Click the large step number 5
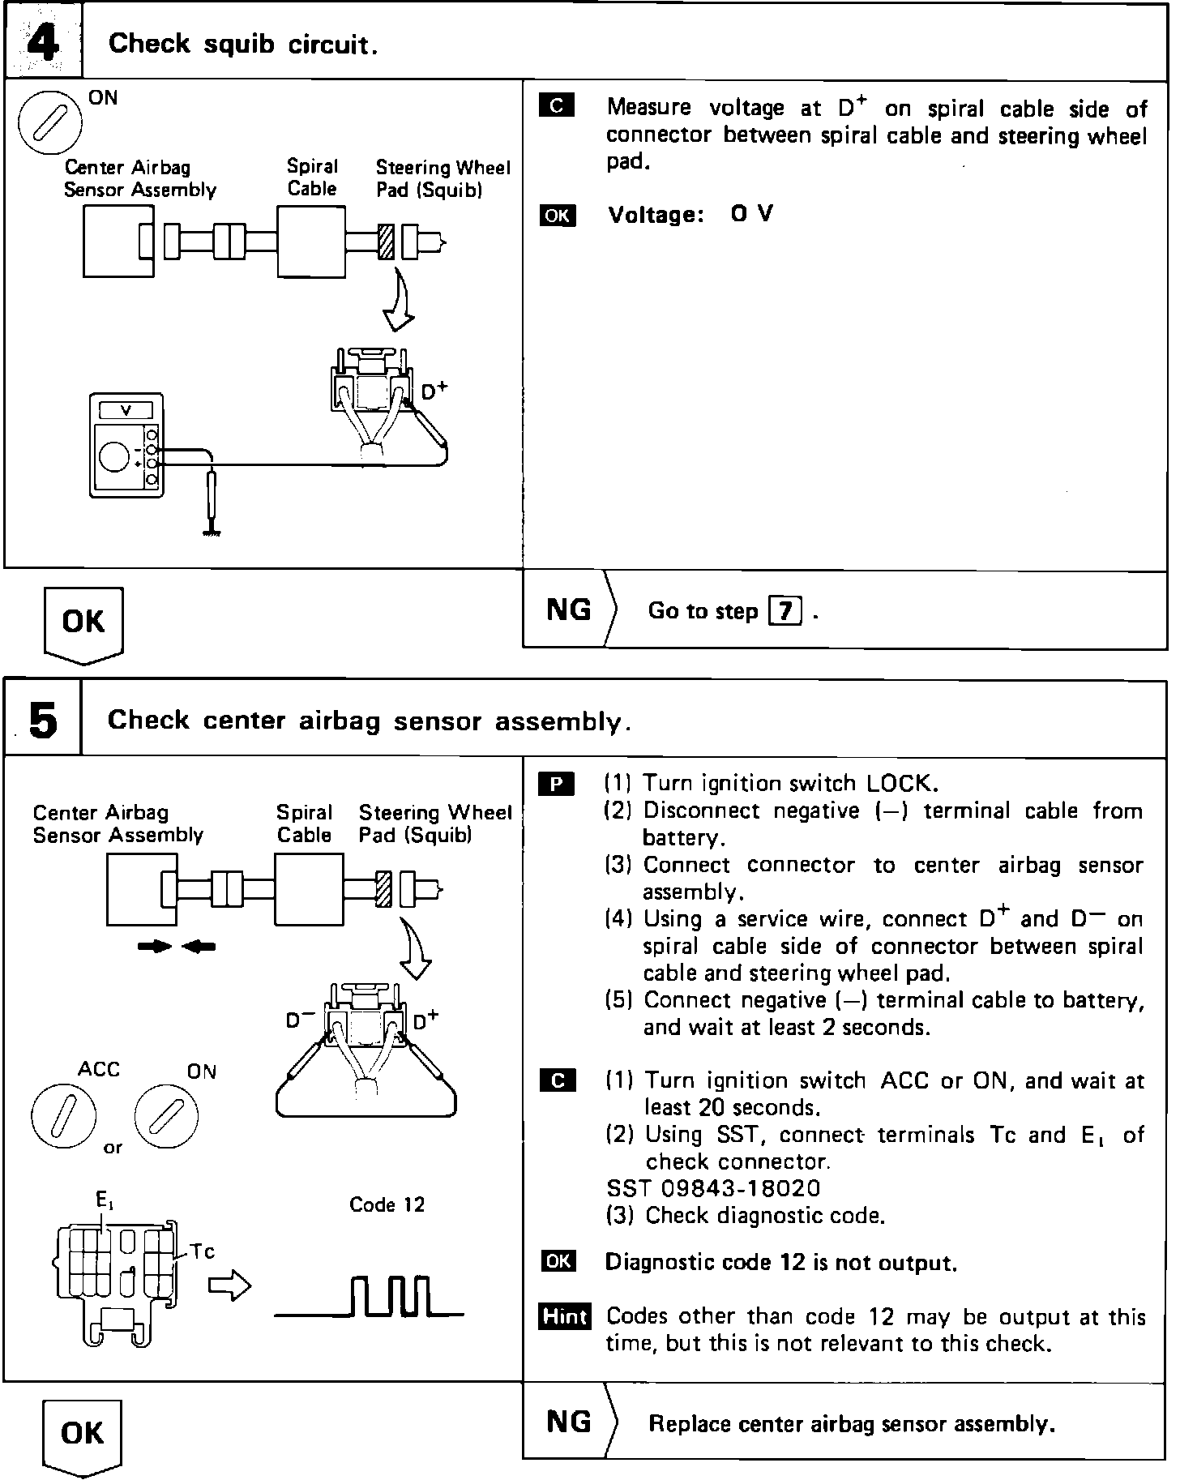pos(43,720)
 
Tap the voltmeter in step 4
pos(126,446)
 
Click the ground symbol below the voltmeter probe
pos(212,531)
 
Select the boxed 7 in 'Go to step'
pos(785,610)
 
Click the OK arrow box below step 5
pos(83,1434)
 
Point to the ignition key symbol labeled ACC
pos(64,1119)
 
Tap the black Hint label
pos(564,1317)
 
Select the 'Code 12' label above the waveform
pos(387,1204)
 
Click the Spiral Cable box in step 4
pos(311,242)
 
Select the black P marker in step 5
pos(557,784)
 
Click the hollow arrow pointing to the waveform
pos(230,1286)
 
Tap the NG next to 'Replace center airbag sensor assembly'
pos(569,1421)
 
